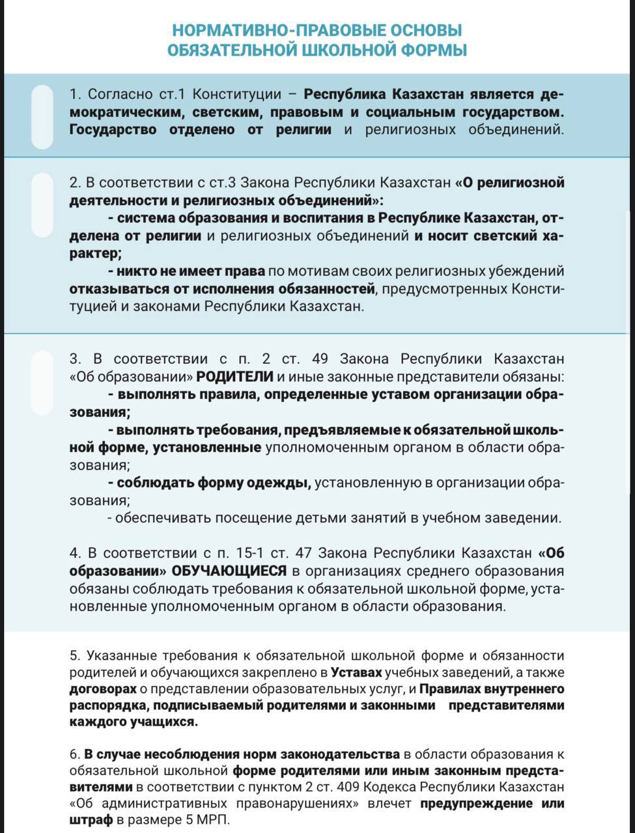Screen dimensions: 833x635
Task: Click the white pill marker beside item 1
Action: point(42,116)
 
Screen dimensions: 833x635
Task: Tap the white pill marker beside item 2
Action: point(42,205)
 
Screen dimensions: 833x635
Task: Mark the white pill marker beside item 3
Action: point(42,383)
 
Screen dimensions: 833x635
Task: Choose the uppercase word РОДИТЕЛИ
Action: point(235,376)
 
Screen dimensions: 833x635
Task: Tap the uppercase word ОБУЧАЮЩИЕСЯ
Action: point(229,571)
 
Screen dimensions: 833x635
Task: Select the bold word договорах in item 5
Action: point(103,689)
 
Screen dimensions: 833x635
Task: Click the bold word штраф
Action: point(91,820)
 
